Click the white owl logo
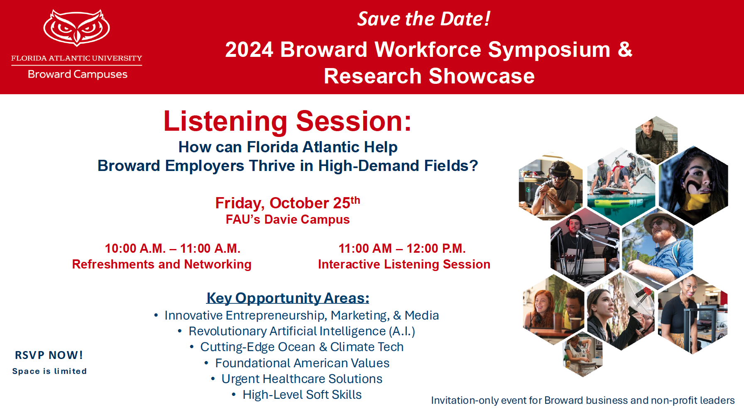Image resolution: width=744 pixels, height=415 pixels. (x=77, y=28)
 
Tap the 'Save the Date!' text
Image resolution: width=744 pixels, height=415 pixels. (x=424, y=19)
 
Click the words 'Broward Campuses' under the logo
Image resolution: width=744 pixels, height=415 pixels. (x=78, y=74)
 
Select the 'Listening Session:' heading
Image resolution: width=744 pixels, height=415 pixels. (x=287, y=121)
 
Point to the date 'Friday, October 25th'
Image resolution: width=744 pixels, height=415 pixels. (x=287, y=203)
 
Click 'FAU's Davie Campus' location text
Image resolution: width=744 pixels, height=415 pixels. (x=288, y=220)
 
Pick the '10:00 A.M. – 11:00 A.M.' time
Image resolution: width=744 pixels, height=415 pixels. (x=173, y=248)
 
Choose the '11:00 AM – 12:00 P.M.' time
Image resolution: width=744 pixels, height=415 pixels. (x=402, y=248)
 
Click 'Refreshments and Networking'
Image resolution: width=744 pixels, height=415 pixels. (x=162, y=264)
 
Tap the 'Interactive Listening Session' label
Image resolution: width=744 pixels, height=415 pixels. (x=404, y=264)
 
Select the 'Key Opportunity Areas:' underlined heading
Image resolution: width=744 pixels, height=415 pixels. (x=288, y=298)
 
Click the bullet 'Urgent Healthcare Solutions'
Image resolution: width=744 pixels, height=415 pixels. (x=302, y=379)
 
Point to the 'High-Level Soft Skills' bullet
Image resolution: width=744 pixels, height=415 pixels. (x=302, y=395)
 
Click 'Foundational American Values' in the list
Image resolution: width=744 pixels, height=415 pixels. (x=302, y=363)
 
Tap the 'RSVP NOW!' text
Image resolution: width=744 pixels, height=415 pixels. (x=49, y=355)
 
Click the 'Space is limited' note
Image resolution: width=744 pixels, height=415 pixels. (x=49, y=371)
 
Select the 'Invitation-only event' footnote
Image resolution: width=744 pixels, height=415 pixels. (x=583, y=400)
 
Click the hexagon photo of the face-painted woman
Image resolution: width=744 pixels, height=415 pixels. (x=693, y=186)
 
